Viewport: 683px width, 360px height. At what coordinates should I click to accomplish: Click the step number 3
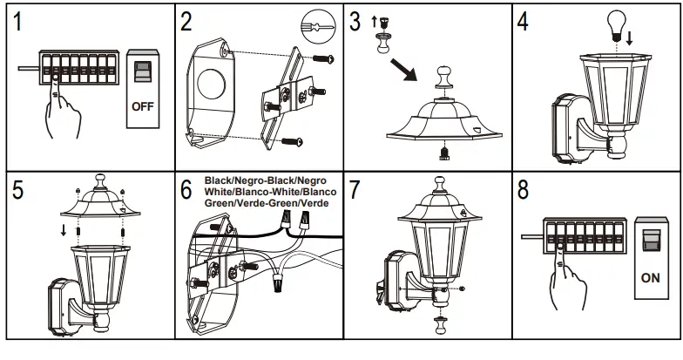click(356, 24)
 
